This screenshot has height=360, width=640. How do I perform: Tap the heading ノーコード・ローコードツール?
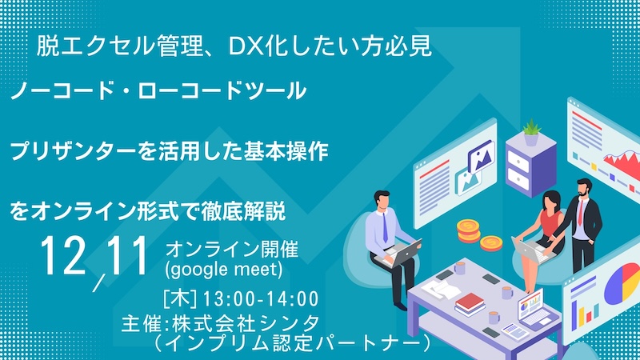coord(158,91)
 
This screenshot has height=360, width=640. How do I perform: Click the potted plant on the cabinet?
coord(530,130)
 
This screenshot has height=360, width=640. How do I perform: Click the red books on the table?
coord(470,303)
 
